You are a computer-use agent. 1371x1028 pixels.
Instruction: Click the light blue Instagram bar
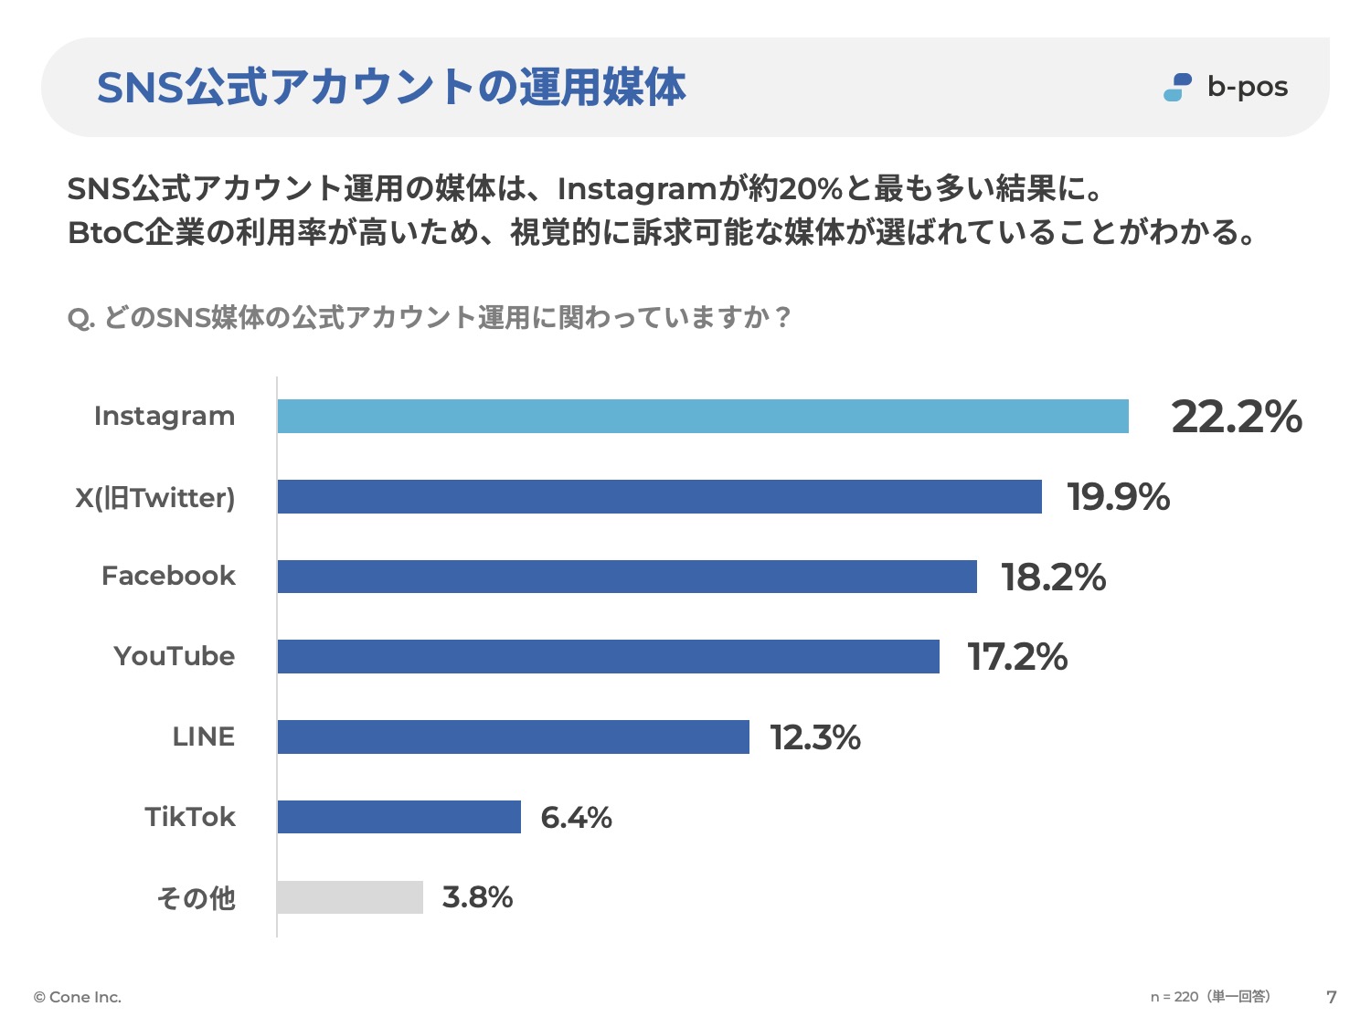pyautogui.click(x=703, y=417)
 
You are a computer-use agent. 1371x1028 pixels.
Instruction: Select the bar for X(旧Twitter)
pyautogui.click(x=659, y=497)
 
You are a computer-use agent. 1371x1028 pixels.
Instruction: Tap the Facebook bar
pyautogui.click(x=627, y=577)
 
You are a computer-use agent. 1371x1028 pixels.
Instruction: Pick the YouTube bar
pyautogui.click(x=608, y=657)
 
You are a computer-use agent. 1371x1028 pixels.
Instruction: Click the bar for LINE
pyautogui.click(x=513, y=737)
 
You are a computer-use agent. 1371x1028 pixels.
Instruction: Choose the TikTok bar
pyautogui.click(x=399, y=817)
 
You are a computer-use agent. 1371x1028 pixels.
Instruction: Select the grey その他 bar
pyautogui.click(x=350, y=897)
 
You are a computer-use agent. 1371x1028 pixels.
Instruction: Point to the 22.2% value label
pyautogui.click(x=1236, y=417)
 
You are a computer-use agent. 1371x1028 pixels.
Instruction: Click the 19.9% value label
pyautogui.click(x=1118, y=497)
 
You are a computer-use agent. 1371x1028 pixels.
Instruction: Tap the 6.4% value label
pyautogui.click(x=576, y=817)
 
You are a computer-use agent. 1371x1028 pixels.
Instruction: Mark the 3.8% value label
pyautogui.click(x=477, y=897)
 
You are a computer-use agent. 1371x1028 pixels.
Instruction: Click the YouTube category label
pyautogui.click(x=175, y=656)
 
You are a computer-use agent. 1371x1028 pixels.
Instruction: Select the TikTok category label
pyautogui.click(x=190, y=817)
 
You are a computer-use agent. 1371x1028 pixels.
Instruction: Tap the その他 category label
pyautogui.click(x=196, y=898)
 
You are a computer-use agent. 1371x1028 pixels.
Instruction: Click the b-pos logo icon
pyautogui.click(x=1177, y=88)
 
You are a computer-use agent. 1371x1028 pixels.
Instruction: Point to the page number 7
pyautogui.click(x=1332, y=997)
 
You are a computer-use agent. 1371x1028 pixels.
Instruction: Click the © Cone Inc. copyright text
pyautogui.click(x=78, y=997)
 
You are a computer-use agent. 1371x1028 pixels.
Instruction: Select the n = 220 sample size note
pyautogui.click(x=1210, y=997)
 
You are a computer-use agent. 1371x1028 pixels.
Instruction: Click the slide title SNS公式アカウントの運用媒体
pyautogui.click(x=391, y=88)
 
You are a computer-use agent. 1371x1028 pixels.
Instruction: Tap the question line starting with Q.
pyautogui.click(x=429, y=318)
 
